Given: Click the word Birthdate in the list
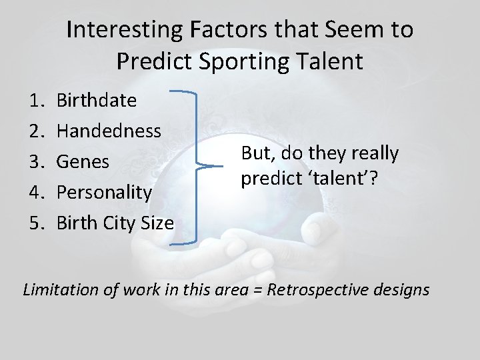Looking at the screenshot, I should pos(97,101).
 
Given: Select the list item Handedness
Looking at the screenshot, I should pos(109,131).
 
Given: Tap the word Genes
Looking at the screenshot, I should pos(83,161).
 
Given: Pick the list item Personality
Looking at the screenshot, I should pos(104,192).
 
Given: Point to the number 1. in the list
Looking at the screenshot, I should pos(37,101).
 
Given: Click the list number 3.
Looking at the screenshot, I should pos(37,161).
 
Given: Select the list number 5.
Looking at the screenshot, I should pos(37,223).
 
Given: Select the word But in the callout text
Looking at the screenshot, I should pos(254,153).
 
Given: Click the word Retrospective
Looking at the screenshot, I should pos(326,289).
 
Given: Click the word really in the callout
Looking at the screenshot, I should pos(376,153).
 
